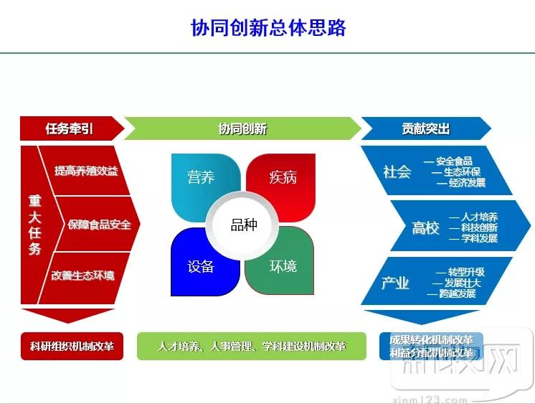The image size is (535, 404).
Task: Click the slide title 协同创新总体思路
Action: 268,27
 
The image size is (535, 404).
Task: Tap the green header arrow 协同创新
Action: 242,128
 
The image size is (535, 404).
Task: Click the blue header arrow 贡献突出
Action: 425,128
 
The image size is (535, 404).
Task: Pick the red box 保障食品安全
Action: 99,225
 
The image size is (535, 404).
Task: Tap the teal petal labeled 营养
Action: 201,178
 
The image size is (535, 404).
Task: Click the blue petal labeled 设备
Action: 201,266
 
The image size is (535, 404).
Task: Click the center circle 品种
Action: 243,225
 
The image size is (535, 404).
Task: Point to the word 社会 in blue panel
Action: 397,172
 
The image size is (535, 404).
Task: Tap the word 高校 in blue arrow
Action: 425,228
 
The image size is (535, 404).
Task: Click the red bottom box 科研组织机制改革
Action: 72,346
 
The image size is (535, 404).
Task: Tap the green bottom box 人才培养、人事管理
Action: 252,346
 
